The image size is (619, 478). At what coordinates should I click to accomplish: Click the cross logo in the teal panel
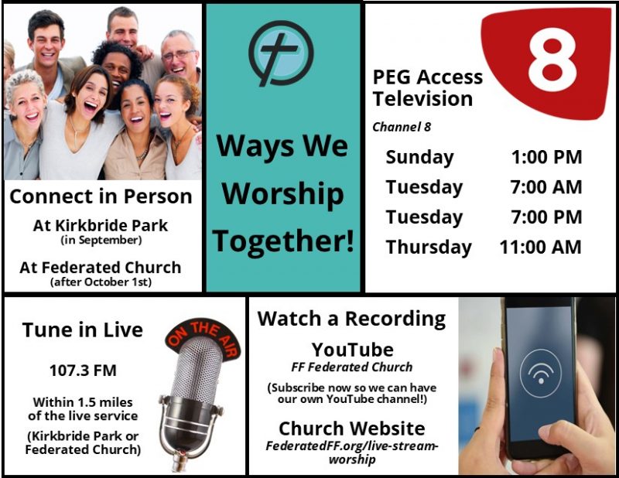coord(281,53)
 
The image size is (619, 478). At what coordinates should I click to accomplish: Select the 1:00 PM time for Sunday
coord(547,157)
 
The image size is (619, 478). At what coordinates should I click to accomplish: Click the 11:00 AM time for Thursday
coord(540,247)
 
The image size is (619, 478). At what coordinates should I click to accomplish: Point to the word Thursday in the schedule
coord(429,248)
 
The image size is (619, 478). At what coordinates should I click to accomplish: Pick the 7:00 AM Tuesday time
coord(546,187)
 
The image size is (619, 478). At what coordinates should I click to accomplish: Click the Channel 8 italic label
coord(402,127)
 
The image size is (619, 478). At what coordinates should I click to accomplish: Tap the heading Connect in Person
coord(101,196)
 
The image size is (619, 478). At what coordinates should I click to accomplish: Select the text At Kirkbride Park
coord(101,225)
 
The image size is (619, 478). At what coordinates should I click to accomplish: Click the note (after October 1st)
coord(101,282)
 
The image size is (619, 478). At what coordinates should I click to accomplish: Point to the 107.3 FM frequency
coord(83,370)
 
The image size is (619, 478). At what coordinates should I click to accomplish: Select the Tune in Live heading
coord(83,330)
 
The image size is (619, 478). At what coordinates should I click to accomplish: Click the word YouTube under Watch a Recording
coord(353,350)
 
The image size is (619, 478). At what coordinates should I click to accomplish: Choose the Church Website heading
coord(352,428)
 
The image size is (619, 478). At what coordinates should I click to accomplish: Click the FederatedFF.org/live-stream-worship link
coord(352,452)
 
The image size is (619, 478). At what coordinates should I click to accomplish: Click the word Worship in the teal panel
coord(282,194)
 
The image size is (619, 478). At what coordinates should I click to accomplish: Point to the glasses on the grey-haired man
coord(179,55)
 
